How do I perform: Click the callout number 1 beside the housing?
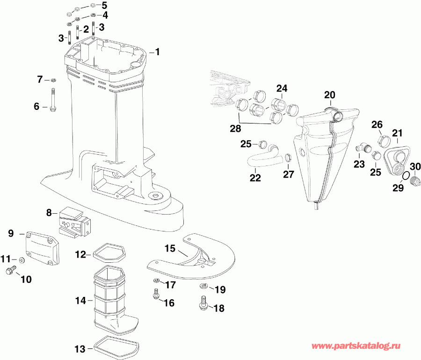pos(158,52)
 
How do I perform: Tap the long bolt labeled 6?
pos(53,99)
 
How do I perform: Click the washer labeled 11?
pos(22,259)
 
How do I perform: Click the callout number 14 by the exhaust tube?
pos(80,301)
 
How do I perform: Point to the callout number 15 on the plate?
pos(169,248)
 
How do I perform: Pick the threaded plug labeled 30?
pos(413,180)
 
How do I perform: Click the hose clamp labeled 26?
pos(382,140)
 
